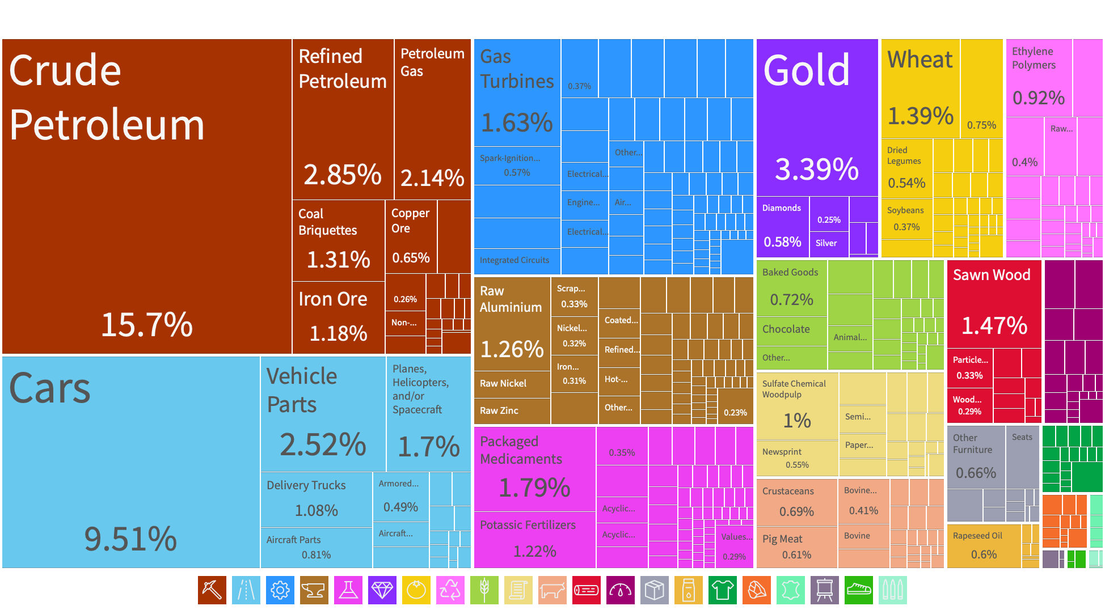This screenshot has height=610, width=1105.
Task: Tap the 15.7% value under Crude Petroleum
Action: point(147,325)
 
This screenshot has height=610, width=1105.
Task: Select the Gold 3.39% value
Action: point(817,169)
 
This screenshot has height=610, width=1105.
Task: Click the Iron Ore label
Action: point(333,299)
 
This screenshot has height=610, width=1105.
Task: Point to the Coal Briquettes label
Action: point(327,222)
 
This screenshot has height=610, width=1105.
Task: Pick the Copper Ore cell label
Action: point(410,221)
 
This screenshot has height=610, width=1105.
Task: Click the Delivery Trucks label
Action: point(306,485)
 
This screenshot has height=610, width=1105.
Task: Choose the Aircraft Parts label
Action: point(293,540)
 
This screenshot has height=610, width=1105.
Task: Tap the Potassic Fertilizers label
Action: point(528,525)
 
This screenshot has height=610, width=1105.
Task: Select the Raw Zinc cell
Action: point(499,410)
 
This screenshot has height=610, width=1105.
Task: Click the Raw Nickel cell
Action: point(503,383)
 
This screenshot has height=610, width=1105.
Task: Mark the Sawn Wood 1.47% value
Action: point(994,325)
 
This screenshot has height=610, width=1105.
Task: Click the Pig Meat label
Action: point(782,539)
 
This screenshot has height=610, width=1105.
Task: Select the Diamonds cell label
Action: point(782,208)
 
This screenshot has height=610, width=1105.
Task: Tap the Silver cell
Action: point(826,243)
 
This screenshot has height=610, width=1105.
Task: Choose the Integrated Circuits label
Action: point(514,260)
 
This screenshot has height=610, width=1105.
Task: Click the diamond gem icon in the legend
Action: point(382,590)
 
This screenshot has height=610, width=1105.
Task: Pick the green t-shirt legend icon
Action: point(723,590)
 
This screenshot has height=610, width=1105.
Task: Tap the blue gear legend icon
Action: point(280,590)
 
